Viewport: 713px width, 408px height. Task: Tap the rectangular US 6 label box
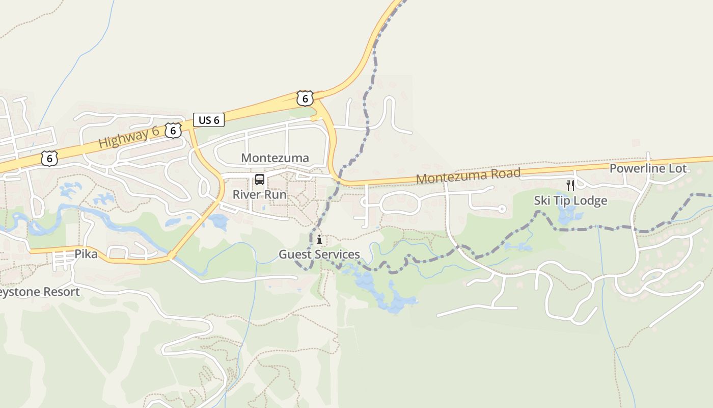click(209, 120)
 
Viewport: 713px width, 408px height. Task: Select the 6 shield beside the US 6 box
click(173, 131)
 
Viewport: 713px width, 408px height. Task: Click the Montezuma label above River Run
click(275, 158)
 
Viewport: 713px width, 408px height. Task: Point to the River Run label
click(260, 194)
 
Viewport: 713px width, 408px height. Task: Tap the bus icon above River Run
click(260, 180)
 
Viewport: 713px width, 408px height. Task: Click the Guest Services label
click(319, 254)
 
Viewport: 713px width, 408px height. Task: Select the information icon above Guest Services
click(319, 239)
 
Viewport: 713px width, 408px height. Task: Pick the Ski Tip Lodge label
click(570, 200)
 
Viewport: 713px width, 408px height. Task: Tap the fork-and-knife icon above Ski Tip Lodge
click(570, 185)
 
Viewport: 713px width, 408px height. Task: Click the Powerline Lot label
click(648, 168)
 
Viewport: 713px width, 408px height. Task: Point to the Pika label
click(86, 254)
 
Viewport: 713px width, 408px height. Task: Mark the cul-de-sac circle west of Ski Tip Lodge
click(502, 209)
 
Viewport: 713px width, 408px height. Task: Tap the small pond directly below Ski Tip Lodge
click(565, 215)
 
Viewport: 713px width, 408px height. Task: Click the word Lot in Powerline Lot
click(677, 168)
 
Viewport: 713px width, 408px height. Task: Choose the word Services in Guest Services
click(336, 254)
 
